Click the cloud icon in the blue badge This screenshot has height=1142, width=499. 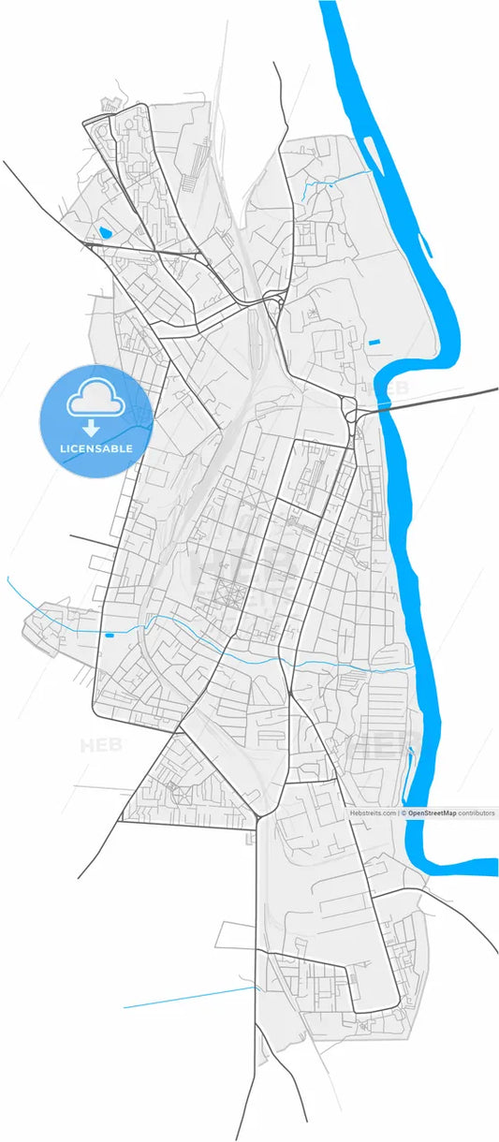[x=95, y=401]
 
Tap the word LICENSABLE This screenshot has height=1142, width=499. [x=95, y=449]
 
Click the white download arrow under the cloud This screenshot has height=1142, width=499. [x=92, y=429]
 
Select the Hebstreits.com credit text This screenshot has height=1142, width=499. [x=374, y=813]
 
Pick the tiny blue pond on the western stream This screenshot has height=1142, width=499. [x=110, y=636]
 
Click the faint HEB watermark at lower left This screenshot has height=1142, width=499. [x=101, y=746]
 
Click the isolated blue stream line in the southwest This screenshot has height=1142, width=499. [x=187, y=998]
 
